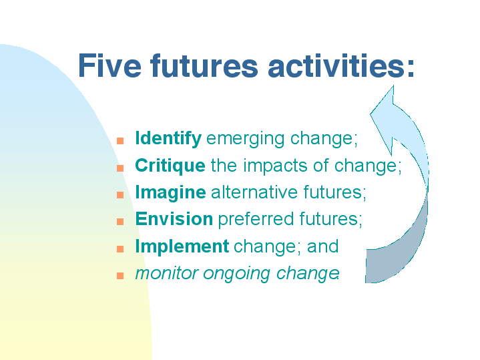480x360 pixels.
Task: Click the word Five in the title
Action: tap(109, 65)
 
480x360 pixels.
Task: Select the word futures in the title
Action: tap(204, 65)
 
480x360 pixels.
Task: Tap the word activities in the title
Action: tap(336, 65)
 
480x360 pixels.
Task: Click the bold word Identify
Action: tap(168, 138)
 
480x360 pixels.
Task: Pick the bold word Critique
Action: tap(170, 166)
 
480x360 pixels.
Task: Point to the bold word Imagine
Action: tap(170, 193)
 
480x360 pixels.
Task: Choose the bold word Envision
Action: tap(174, 219)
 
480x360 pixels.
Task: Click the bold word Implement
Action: tap(182, 246)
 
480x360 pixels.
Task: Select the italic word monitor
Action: tap(167, 273)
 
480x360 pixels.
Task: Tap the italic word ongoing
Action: tap(236, 274)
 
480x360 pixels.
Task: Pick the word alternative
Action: tap(254, 192)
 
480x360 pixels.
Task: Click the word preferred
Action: tap(256, 220)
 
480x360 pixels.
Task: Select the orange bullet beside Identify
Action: tap(120, 141)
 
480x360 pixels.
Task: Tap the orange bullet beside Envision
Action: tap(120, 222)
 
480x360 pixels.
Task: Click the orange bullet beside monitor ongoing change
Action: tap(120, 276)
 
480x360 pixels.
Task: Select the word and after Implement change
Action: tap(323, 246)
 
